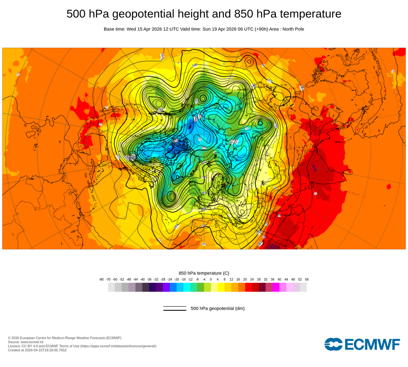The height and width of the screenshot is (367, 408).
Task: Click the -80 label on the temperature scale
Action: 101,279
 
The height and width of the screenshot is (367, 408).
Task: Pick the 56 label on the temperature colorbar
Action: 307,279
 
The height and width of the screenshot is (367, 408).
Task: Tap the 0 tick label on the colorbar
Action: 211,279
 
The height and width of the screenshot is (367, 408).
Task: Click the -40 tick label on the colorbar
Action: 142,279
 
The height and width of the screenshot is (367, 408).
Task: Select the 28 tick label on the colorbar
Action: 259,279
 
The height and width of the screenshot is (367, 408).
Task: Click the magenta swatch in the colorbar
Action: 276,287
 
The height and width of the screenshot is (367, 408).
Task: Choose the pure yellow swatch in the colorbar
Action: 221,287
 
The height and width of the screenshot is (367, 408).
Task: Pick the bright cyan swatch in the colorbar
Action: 187,287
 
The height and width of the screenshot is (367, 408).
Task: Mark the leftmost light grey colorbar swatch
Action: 111,287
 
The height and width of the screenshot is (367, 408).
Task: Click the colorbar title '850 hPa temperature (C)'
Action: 204,273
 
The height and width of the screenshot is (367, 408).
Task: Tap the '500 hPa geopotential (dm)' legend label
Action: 217,308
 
